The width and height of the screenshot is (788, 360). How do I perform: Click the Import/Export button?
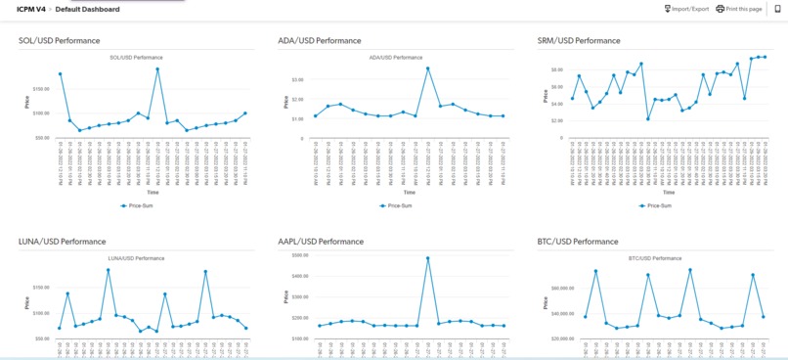(686, 9)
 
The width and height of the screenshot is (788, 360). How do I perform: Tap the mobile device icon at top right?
(777, 9)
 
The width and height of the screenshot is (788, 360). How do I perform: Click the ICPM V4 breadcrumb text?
(31, 9)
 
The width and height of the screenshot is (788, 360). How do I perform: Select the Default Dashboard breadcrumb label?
(87, 9)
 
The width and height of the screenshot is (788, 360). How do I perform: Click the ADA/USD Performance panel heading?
(319, 41)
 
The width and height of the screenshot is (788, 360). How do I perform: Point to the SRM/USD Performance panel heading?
(579, 41)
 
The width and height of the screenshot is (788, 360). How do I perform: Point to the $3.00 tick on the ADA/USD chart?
(297, 79)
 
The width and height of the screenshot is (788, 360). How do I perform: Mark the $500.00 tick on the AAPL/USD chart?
(295, 255)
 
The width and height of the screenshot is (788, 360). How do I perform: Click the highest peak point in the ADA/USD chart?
(428, 68)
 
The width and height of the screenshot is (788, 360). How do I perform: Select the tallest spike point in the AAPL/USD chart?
(428, 258)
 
